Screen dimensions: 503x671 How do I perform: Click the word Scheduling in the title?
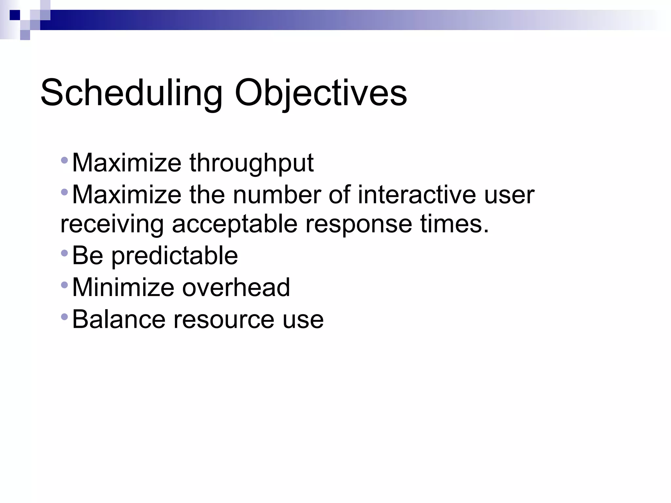131,93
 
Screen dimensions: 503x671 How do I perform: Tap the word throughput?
251,163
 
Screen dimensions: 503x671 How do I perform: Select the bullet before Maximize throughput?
64,160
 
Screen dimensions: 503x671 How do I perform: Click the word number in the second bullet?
277,195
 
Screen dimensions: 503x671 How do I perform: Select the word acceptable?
235,225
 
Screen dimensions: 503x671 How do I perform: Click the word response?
358,225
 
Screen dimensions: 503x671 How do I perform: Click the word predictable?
175,256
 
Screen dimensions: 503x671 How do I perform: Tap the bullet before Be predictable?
64,253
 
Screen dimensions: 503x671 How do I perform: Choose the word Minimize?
123,288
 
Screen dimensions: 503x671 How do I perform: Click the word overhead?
236,288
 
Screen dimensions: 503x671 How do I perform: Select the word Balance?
119,319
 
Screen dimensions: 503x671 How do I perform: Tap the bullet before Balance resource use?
64,317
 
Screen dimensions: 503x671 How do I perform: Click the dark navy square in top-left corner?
15,15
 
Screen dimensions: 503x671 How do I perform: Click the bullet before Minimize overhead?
64,285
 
